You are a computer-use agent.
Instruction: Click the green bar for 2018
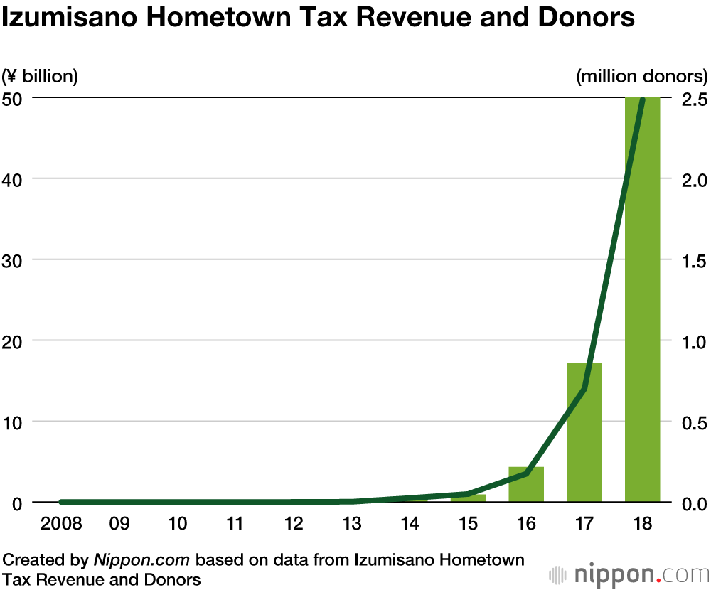[x=642, y=299]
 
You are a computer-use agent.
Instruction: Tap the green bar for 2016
[x=526, y=484]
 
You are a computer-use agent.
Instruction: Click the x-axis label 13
[x=351, y=524]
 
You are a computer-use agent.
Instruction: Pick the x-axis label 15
[x=468, y=524]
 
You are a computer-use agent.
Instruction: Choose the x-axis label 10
[x=177, y=524]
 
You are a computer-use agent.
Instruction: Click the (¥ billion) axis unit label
[x=41, y=75]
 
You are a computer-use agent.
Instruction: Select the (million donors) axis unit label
[x=642, y=75]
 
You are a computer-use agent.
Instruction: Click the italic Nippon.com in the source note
[x=141, y=559]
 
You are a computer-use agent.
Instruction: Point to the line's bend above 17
[x=584, y=389]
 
